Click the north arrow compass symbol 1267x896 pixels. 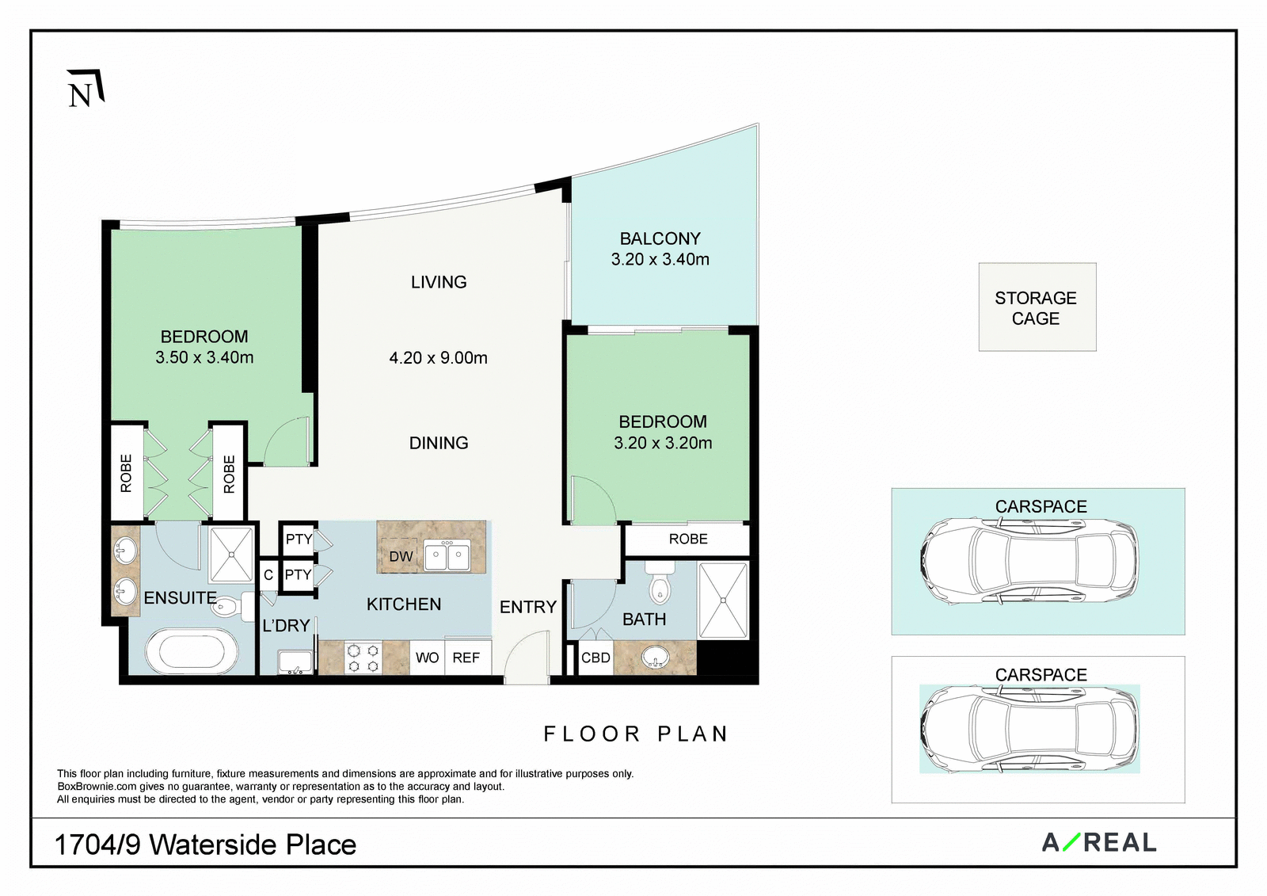pos(86,89)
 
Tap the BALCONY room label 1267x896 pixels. pos(660,238)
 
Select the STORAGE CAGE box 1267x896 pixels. pos(1037,307)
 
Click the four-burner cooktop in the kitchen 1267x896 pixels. pos(363,658)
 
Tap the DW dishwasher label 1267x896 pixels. pos(401,556)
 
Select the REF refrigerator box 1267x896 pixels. pos(468,657)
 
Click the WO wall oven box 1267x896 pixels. pos(427,657)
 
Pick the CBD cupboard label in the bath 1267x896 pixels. pos(595,658)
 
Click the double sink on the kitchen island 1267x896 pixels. pos(447,556)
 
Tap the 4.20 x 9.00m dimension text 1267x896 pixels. pos(439,358)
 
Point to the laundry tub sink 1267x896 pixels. pos(295,662)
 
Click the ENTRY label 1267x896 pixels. pos(528,608)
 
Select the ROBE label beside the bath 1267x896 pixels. pos(688,539)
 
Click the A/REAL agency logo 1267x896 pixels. pos(1100,843)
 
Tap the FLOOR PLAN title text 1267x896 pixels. pos(636,734)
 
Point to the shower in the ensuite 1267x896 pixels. pos(232,554)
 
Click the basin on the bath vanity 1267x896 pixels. pos(656,657)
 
